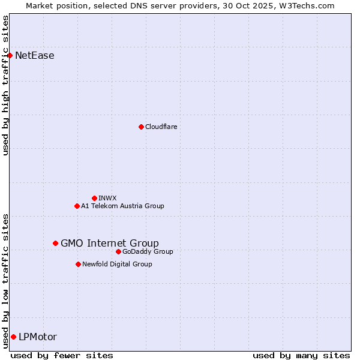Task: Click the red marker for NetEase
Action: pyautogui.click(x=10, y=56)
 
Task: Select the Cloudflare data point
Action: pyautogui.click(x=141, y=127)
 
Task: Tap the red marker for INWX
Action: pyautogui.click(x=94, y=198)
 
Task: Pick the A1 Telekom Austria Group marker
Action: pyautogui.click(x=77, y=206)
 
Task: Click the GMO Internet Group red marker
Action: pyautogui.click(x=55, y=243)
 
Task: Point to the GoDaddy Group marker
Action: pyautogui.click(x=118, y=251)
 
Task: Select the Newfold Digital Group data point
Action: pyautogui.click(x=78, y=264)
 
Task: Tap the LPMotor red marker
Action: pyautogui.click(x=13, y=337)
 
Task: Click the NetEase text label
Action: pyautogui.click(x=34, y=56)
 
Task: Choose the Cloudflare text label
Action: pyautogui.click(x=161, y=127)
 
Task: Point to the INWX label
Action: pyautogui.click(x=107, y=198)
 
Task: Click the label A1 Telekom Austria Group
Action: pyautogui.click(x=122, y=206)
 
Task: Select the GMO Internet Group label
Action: pyautogui.click(x=110, y=243)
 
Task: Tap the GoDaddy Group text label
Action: pyautogui.click(x=148, y=251)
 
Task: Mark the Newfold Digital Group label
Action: pyautogui.click(x=117, y=264)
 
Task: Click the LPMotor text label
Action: pyautogui.click(x=38, y=337)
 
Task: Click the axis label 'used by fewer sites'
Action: pyautogui.click(x=62, y=355)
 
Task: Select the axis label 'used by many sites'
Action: pyautogui.click(x=301, y=355)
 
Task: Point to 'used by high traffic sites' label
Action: pyautogui.click(x=5, y=85)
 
